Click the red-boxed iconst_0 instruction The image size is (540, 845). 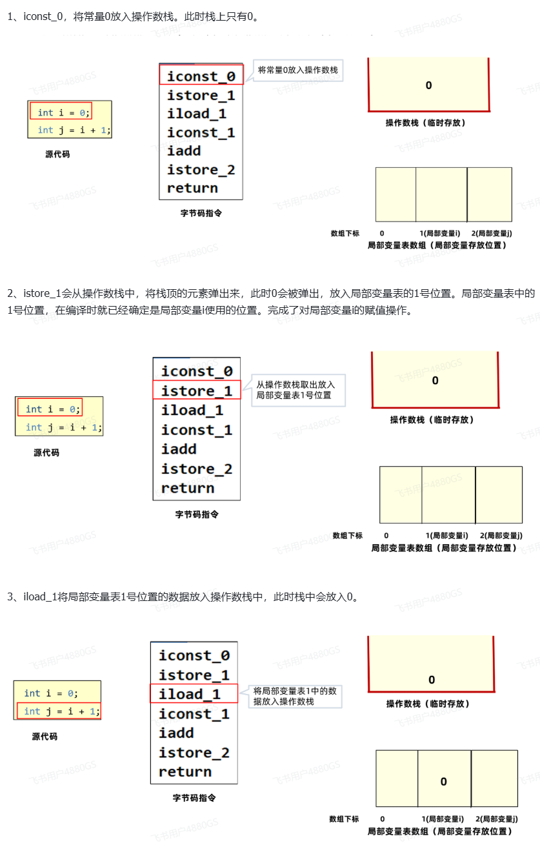coord(201,76)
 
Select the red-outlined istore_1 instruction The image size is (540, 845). coord(196,391)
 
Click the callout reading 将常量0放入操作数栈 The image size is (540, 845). coord(297,70)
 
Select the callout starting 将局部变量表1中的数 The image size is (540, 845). coord(295,695)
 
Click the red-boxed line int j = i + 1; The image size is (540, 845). coord(58,711)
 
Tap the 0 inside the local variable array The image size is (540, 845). coord(444,781)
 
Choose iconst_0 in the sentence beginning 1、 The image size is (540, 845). coord(43,17)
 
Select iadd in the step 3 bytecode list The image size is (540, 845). coord(176,733)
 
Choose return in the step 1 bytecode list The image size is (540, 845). coord(192,188)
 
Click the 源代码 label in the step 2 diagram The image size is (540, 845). coord(46,453)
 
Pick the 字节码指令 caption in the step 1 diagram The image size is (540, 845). coord(201,212)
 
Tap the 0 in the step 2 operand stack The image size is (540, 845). coord(435,380)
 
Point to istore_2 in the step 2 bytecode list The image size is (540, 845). coord(197,469)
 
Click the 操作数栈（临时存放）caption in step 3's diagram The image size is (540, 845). coord(428,703)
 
